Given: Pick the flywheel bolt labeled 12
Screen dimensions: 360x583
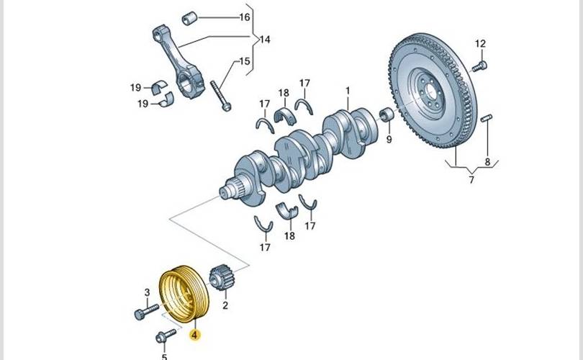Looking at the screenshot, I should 478,66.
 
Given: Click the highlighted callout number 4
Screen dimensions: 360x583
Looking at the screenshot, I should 195,335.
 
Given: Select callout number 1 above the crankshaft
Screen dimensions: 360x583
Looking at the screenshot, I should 347,91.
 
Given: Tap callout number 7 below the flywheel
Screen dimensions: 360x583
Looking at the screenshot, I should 471,180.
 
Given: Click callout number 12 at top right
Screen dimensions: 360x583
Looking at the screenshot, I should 481,44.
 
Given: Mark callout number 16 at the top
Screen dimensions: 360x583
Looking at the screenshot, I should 245,17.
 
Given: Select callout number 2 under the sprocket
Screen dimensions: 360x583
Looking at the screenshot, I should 225,305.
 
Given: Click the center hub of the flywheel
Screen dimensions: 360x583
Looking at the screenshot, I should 431,91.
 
